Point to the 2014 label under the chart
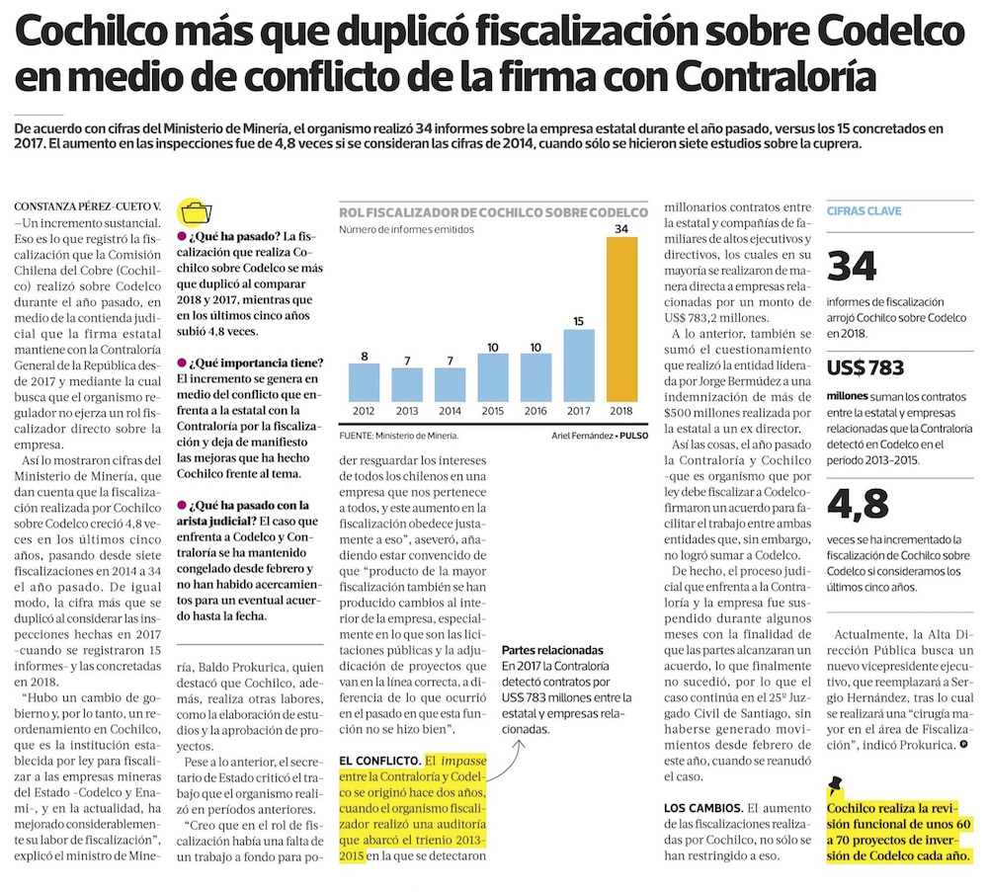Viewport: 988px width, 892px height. (x=451, y=410)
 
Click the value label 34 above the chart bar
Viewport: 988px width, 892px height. (x=621, y=229)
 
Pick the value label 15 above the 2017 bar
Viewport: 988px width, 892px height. (x=579, y=320)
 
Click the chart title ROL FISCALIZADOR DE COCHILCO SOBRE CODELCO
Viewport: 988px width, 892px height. (x=493, y=211)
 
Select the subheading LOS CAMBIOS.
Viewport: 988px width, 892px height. (x=702, y=808)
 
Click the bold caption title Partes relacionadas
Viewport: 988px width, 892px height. (x=552, y=651)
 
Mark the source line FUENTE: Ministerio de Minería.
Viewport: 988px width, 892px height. (x=398, y=435)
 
